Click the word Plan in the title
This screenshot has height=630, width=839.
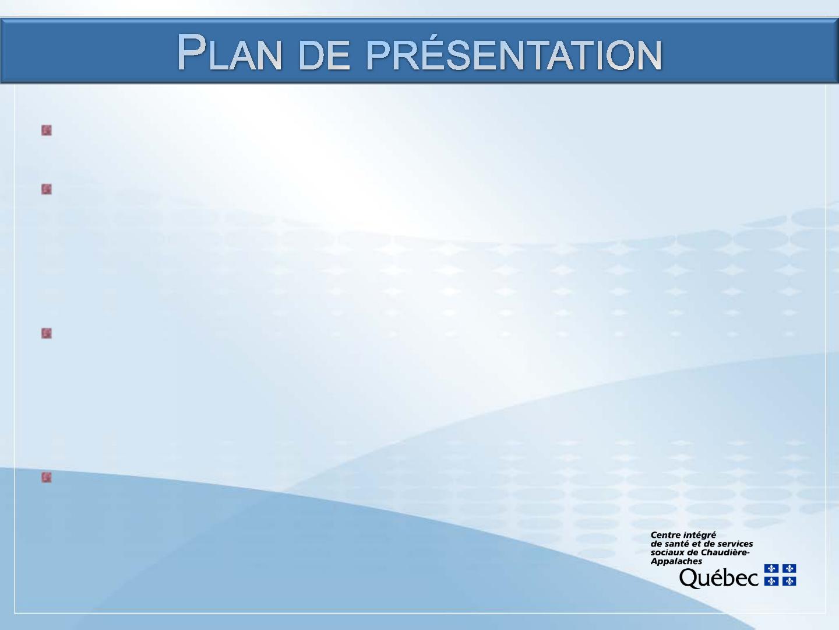pos(230,52)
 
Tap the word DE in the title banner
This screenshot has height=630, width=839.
pos(324,55)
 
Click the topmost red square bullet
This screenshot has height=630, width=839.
pos(47,131)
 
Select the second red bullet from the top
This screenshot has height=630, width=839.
pos(47,190)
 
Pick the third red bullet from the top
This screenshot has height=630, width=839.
pos(47,333)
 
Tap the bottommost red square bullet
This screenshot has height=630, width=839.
pos(47,477)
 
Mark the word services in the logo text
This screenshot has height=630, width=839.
pos(734,544)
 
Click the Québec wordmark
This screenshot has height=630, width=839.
pos(718,578)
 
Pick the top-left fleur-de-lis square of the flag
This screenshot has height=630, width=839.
pos(771,568)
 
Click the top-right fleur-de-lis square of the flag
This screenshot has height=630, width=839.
pos(789,568)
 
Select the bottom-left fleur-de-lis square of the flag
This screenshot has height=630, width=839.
pos(771,582)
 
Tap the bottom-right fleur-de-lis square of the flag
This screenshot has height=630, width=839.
pos(789,582)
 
